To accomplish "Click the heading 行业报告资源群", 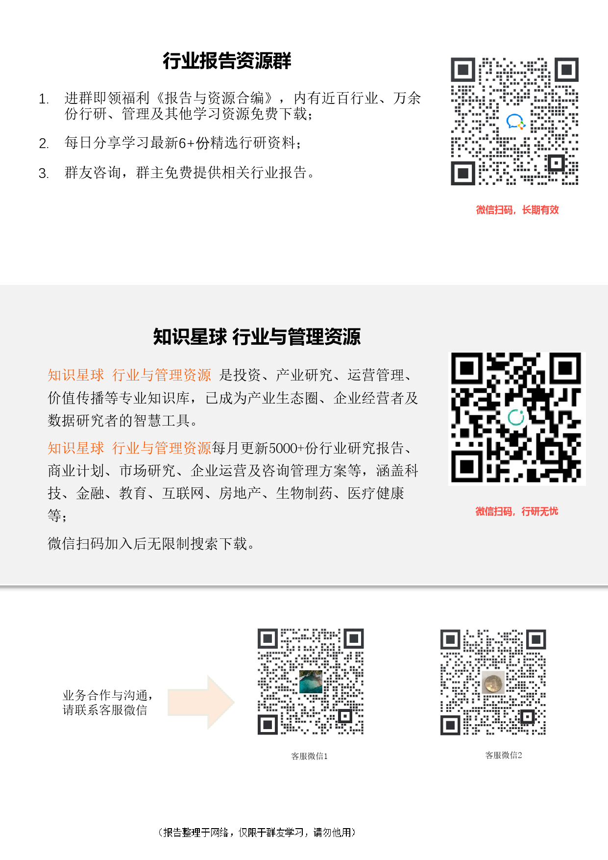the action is (x=227, y=61).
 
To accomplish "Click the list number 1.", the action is (x=44, y=99).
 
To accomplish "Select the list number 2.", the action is (x=44, y=144).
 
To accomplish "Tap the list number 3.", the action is (x=44, y=174).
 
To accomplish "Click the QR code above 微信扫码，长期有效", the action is (x=514, y=121).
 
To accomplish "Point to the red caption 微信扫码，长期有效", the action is (x=517, y=210).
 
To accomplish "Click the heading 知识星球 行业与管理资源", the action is (x=257, y=337).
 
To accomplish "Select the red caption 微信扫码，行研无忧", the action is (x=517, y=511).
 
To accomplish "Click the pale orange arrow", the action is (x=201, y=702).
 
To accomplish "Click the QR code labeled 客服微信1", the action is (x=311, y=682).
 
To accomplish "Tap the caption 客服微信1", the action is (x=310, y=756).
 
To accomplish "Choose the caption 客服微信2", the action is (x=504, y=755).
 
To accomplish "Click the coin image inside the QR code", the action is (x=493, y=683).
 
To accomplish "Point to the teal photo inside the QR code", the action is (x=311, y=682).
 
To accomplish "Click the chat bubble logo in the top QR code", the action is (x=515, y=122).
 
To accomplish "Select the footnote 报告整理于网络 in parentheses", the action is (x=257, y=832).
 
